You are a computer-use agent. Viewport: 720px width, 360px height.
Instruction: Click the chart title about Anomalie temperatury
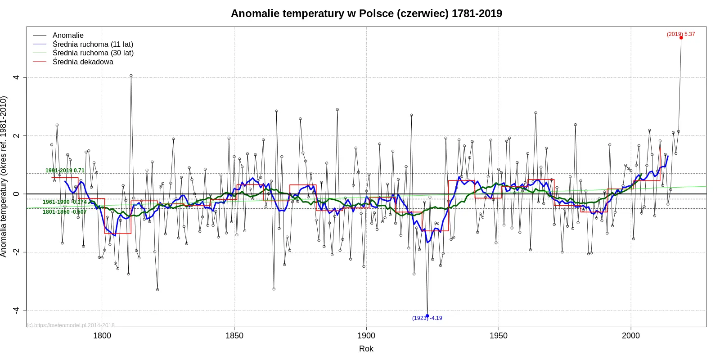(366, 13)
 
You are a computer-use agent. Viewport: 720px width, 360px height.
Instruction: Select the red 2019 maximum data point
(681, 38)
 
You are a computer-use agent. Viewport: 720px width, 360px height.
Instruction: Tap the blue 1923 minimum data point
(427, 316)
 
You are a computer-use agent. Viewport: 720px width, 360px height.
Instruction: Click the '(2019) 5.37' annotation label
(680, 34)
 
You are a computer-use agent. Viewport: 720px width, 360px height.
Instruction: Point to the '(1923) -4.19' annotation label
(427, 318)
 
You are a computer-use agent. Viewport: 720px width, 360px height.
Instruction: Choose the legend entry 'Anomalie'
(68, 35)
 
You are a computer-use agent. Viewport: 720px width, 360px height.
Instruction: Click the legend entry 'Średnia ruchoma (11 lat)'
(93, 44)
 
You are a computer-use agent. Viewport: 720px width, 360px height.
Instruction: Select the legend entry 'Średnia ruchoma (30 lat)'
(93, 53)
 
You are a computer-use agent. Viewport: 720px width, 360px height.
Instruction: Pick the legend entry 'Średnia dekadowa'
(83, 62)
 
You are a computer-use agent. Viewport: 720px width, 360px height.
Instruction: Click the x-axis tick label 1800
(102, 336)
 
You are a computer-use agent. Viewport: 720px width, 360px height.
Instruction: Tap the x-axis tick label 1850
(234, 336)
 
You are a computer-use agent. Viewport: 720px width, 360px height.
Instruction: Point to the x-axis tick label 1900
(366, 336)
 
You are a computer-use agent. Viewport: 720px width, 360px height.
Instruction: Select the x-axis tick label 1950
(499, 336)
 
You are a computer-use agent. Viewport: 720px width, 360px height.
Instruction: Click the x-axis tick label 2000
(631, 336)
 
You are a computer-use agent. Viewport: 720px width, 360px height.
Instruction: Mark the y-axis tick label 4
(17, 77)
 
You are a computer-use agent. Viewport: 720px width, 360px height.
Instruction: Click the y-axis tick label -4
(17, 310)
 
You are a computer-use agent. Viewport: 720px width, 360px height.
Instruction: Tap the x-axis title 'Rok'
(366, 349)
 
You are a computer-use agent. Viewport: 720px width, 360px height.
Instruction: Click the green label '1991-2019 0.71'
(65, 171)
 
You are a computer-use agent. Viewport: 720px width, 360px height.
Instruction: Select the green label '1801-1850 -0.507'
(64, 212)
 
